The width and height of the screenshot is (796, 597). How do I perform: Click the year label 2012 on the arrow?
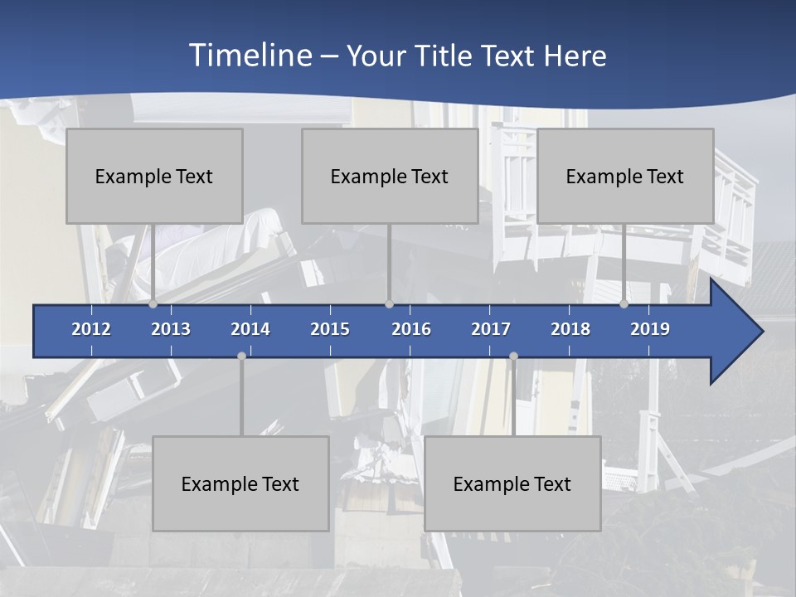point(91,329)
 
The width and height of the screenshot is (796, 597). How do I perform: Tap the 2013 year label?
point(171,329)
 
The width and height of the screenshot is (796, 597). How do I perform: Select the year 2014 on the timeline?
point(250,329)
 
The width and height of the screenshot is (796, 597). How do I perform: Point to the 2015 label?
point(330,329)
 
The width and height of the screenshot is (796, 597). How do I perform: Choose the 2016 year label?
point(411,329)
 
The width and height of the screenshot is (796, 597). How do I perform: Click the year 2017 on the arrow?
point(491,329)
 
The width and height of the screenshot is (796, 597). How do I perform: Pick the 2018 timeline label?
point(570,329)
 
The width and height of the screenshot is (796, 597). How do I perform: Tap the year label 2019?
point(650,329)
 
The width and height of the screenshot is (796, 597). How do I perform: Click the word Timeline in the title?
point(250,56)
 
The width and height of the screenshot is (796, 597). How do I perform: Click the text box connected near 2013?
point(154,176)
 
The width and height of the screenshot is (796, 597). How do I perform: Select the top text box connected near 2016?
point(390,176)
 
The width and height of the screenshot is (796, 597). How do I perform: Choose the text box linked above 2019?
point(625,176)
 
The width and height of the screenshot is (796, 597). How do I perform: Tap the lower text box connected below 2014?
point(240,483)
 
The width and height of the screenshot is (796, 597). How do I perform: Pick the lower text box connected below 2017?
point(512,483)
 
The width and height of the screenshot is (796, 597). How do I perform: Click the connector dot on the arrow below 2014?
point(241,356)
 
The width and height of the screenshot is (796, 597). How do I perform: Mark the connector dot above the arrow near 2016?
point(389,304)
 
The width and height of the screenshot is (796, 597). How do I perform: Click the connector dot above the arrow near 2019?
point(624,304)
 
